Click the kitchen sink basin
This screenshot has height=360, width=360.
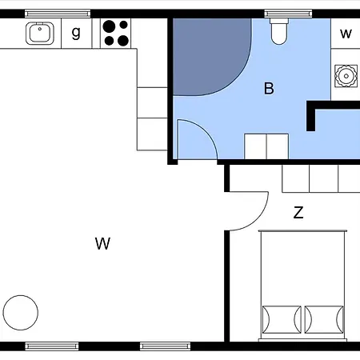click(x=40, y=34)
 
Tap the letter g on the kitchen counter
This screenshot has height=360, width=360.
click(x=76, y=33)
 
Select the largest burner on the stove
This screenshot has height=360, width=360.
click(x=109, y=26)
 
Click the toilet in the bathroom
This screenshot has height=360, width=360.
click(x=279, y=31)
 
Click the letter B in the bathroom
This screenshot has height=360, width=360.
click(x=269, y=89)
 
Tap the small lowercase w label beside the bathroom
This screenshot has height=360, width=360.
click(x=346, y=34)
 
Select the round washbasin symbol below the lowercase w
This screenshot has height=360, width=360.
click(x=346, y=76)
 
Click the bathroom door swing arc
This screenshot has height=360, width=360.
click(x=206, y=130)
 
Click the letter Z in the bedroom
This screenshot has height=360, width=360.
click(x=298, y=213)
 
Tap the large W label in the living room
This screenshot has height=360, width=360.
click(x=102, y=243)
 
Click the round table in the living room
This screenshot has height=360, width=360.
click(x=21, y=313)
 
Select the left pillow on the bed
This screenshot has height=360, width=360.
click(x=282, y=319)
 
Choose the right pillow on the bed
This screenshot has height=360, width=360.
click(x=324, y=319)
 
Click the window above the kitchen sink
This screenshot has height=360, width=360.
click(x=58, y=14)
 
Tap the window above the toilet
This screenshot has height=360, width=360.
click(x=288, y=14)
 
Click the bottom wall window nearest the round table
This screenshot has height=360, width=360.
click(x=52, y=346)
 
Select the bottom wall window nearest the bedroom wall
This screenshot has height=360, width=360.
click(x=165, y=346)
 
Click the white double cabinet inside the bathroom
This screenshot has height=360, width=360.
click(x=266, y=146)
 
